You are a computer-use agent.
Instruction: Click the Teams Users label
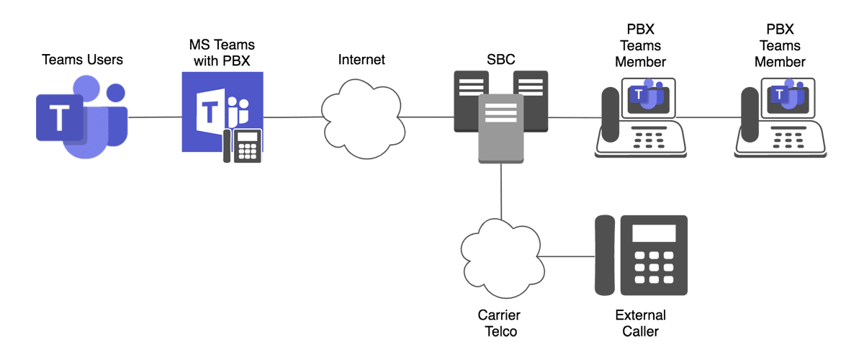(x=83, y=60)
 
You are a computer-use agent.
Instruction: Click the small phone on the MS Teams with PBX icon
(x=243, y=146)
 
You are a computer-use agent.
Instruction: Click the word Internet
(x=361, y=60)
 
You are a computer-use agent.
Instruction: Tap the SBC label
(x=501, y=60)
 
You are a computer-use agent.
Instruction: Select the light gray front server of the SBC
(x=501, y=127)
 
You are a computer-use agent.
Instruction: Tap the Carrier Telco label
(x=499, y=323)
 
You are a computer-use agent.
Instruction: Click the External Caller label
(x=640, y=323)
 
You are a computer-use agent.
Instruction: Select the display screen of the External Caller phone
(x=654, y=233)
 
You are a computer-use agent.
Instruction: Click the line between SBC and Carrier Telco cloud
(x=500, y=191)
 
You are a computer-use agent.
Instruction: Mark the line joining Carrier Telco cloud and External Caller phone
(x=567, y=256)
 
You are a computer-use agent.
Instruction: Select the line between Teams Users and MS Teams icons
(x=155, y=117)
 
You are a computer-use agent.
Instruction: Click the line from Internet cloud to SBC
(x=429, y=117)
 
